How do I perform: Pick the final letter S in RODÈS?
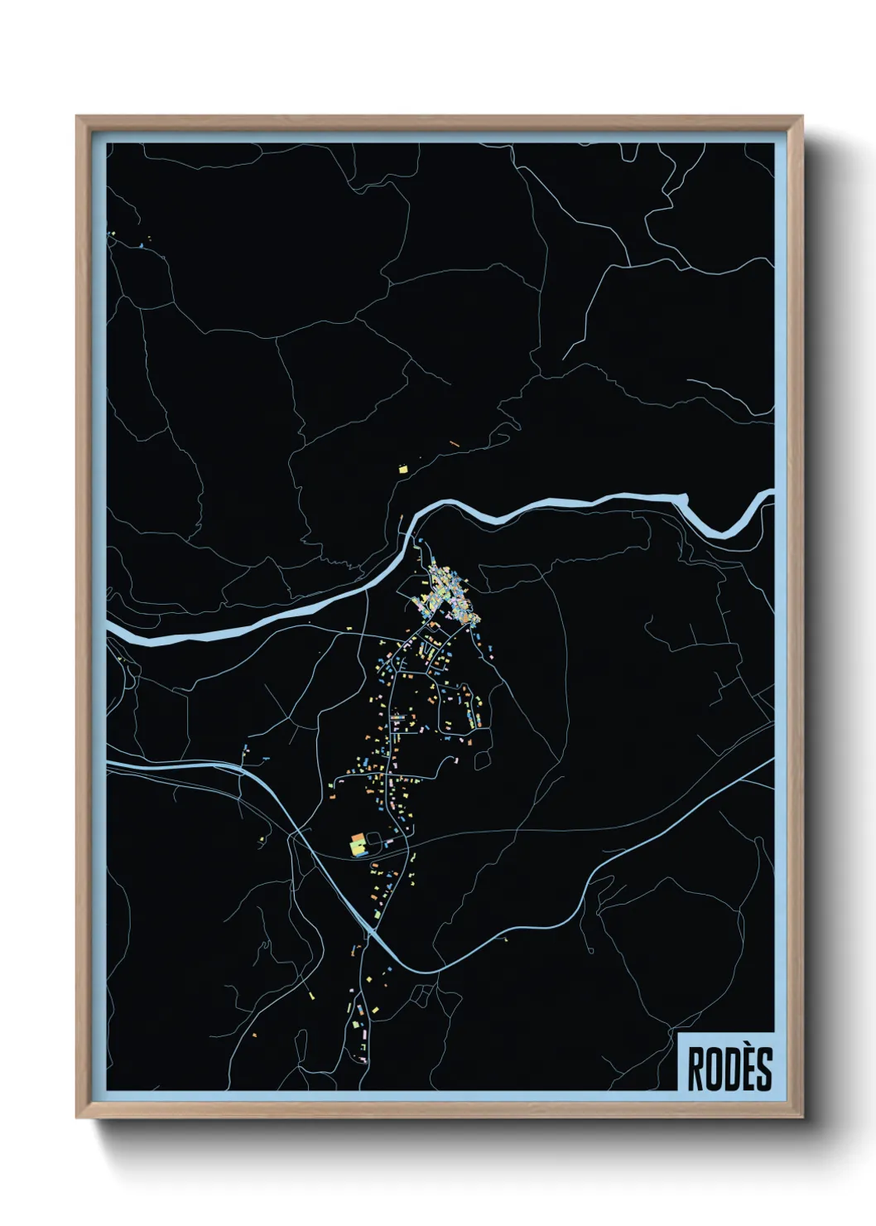pyautogui.click(x=763, y=1069)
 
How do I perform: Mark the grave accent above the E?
pyautogui.click(x=746, y=1049)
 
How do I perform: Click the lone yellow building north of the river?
pyautogui.click(x=403, y=470)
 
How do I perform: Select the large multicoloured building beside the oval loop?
pyautogui.click(x=358, y=846)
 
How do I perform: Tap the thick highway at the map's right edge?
pyautogui.click(x=771, y=760)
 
